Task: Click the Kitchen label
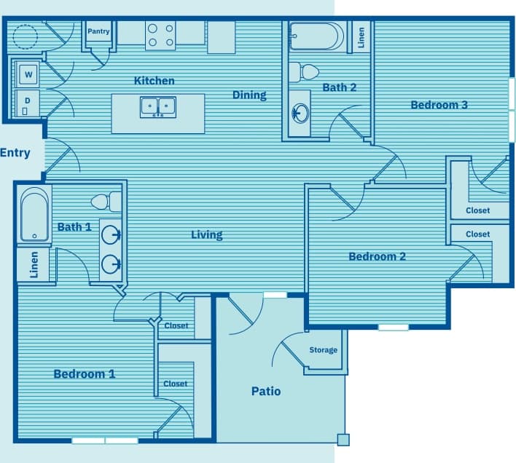click(154, 81)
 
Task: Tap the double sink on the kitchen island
click(158, 106)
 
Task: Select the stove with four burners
click(160, 35)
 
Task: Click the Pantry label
click(98, 31)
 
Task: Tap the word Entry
click(15, 153)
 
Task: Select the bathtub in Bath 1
click(34, 214)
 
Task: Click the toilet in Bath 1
click(106, 202)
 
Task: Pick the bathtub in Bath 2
click(315, 36)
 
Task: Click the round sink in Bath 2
click(300, 113)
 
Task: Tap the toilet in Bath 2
click(304, 72)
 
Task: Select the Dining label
click(249, 95)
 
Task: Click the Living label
click(207, 234)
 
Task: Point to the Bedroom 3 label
click(439, 105)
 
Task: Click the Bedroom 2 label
click(377, 256)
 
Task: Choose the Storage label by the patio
click(323, 350)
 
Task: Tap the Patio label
click(266, 391)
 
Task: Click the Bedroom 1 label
click(85, 374)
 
